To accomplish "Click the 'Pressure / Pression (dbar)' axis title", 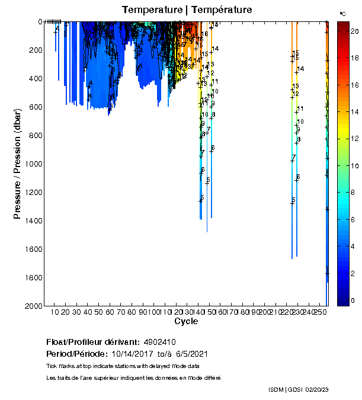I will (18, 163).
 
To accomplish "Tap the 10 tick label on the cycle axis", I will (55, 312).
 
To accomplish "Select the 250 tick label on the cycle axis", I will (320, 312).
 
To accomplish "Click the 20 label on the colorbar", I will (353, 30).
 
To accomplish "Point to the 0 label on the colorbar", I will (351, 300).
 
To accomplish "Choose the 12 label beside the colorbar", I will (353, 138).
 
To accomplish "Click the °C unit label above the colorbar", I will (342, 13).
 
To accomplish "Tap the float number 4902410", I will (158, 342).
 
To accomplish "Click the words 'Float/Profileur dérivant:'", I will (91, 342).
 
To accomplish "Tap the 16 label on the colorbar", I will (353, 84).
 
